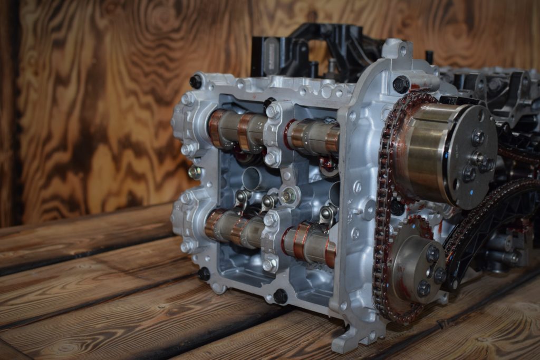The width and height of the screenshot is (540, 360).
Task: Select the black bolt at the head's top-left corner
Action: click(196, 81)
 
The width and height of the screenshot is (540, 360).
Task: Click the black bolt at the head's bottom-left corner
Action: click(204, 274)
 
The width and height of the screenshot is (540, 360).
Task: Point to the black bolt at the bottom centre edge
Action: click(281, 297)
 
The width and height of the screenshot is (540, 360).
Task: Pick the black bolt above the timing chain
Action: click(401, 84)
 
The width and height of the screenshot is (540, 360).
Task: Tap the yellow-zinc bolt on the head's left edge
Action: click(195, 172)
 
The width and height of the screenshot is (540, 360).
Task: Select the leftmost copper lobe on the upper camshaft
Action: click(215, 129)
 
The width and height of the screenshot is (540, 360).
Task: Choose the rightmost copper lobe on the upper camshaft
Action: click(332, 140)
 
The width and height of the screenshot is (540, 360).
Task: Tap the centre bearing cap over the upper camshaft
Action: click(273, 134)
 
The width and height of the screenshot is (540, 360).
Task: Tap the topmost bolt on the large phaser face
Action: click(478, 138)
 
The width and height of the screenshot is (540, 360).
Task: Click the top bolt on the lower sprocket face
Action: click(432, 255)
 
